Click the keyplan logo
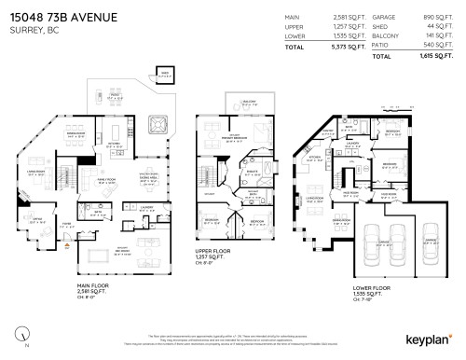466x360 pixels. (428, 344)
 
